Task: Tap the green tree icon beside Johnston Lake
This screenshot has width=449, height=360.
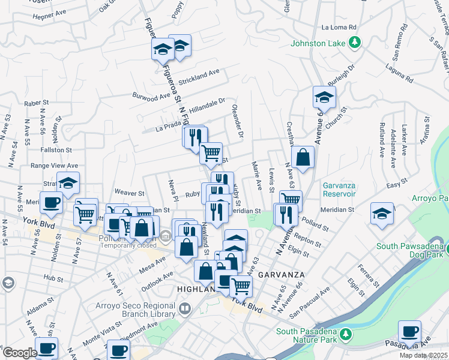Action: coord(355,42)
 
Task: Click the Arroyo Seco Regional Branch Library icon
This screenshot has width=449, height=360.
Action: coord(185,310)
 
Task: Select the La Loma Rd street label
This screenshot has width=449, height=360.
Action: coord(339,27)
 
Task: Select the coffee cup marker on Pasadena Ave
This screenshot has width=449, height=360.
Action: coord(409,331)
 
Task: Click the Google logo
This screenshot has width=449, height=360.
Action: coord(20,353)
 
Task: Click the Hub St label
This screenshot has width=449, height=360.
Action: coord(53,278)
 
